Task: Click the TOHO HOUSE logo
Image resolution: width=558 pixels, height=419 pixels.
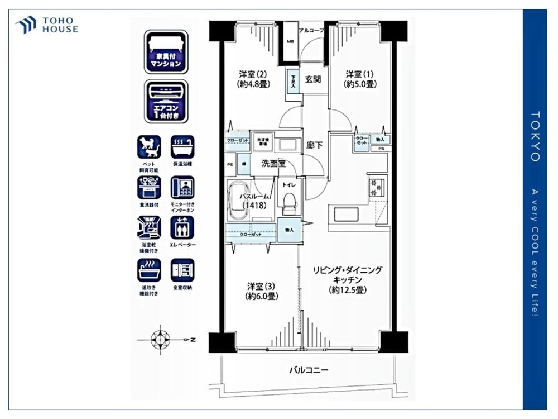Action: coord(47,25)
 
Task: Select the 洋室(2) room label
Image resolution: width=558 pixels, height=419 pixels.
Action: coord(254,79)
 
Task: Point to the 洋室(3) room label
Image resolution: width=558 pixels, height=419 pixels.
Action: coord(261,291)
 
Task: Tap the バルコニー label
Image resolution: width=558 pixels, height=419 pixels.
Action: coord(308,370)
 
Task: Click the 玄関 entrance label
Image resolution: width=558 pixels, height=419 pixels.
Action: coord(313,79)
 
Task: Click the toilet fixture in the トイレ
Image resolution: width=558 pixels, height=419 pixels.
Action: coord(288,203)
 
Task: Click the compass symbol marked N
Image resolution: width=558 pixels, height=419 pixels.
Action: coord(161,339)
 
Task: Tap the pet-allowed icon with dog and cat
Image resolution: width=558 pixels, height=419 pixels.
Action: coord(149,147)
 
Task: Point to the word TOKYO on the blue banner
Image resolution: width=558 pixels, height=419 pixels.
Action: coord(535,136)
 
